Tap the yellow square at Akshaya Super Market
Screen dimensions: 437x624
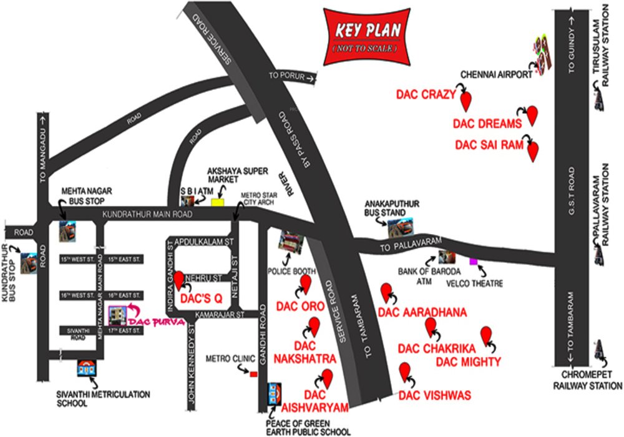click(x=217, y=202)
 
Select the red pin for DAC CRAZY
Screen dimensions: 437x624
click(x=466, y=99)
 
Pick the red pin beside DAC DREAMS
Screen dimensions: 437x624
click(x=532, y=115)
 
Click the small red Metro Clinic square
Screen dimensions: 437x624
click(x=253, y=374)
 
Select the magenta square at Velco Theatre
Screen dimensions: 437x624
click(x=474, y=260)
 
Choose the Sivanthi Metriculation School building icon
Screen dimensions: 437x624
click(x=85, y=368)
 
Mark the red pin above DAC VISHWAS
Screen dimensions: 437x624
click(x=406, y=372)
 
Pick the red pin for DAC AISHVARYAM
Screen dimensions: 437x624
click(x=326, y=378)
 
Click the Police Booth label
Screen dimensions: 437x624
click(x=291, y=272)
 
